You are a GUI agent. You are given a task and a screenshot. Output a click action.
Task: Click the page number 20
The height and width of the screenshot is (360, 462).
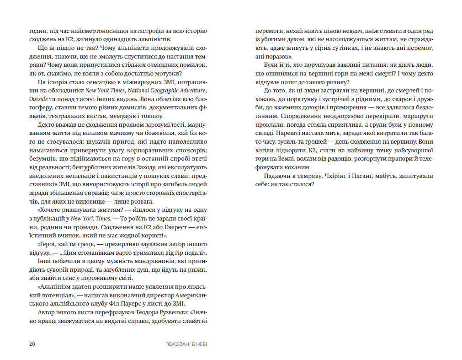[32, 344]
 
